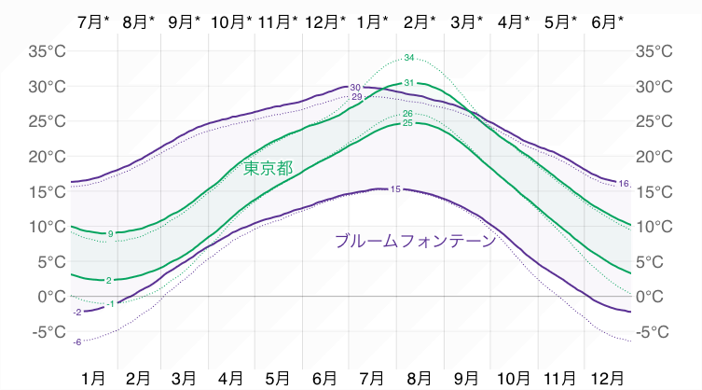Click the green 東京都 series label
[268, 169]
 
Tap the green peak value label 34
[409, 58]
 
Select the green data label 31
[408, 84]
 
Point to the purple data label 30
[355, 87]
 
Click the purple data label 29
[356, 97]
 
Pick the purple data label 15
[395, 189]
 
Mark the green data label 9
[110, 233]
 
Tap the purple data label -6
[76, 342]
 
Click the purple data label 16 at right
[624, 183]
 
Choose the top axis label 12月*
[325, 21]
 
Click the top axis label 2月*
[420, 21]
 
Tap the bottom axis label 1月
[93, 377]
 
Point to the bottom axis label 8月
[420, 377]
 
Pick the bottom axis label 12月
[608, 377]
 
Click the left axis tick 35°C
[47, 51]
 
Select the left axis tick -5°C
[47, 331]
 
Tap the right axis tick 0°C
[653, 296]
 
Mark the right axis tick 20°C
[656, 156]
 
